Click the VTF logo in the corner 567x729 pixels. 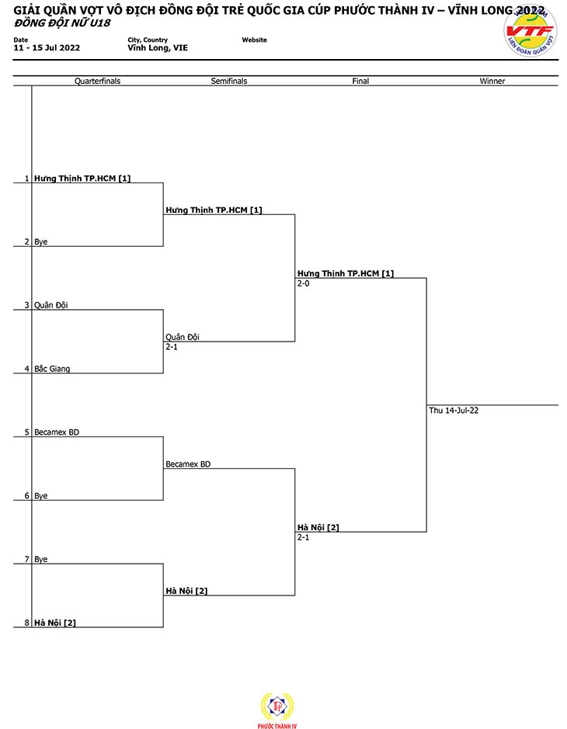(x=530, y=31)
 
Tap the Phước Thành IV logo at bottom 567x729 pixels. (x=277, y=710)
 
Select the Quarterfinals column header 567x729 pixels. (x=97, y=81)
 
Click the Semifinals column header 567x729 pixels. (x=229, y=81)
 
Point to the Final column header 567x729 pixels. (x=360, y=81)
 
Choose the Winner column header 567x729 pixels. (x=492, y=81)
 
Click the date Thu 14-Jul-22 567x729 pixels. (x=454, y=411)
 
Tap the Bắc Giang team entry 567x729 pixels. (x=52, y=369)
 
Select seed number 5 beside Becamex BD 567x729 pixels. (x=27, y=432)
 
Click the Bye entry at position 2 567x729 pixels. (x=41, y=241)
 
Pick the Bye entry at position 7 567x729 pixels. (x=41, y=559)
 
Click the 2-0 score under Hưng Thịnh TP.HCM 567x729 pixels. (x=303, y=283)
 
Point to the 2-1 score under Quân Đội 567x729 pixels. (x=172, y=347)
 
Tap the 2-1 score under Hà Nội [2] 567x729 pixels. (x=303, y=537)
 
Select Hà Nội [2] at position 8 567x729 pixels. (x=55, y=623)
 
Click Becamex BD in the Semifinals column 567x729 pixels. (x=188, y=464)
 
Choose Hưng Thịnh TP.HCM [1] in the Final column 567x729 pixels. (x=346, y=273)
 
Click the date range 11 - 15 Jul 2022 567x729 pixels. (x=47, y=48)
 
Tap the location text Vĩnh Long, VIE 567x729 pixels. (x=158, y=48)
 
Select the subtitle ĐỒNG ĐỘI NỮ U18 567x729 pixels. (x=62, y=23)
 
